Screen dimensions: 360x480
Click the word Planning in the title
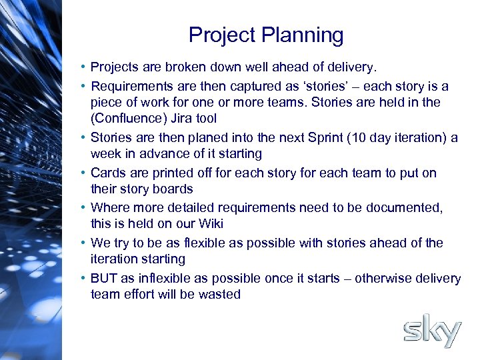pyautogui.click(x=305, y=35)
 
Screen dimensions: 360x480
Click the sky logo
pyautogui.click(x=432, y=331)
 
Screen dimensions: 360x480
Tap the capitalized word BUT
pyautogui.click(x=104, y=278)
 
